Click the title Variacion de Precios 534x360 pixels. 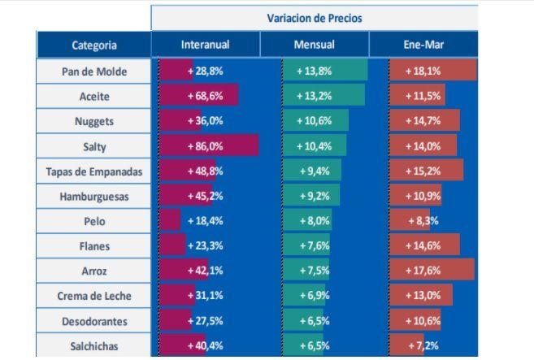(315, 17)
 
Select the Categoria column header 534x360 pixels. (93, 46)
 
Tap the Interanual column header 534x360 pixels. (205, 46)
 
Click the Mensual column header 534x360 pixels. (314, 46)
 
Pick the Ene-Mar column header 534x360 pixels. (423, 46)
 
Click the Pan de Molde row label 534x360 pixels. (94, 72)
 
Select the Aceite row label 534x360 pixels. (94, 97)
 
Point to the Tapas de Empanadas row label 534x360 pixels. (94, 171)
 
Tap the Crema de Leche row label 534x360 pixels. (94, 297)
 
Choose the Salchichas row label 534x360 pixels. (94, 346)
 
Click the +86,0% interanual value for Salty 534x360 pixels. (205, 146)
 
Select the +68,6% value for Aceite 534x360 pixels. (205, 97)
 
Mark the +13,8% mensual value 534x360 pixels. (314, 72)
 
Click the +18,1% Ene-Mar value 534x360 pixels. (423, 72)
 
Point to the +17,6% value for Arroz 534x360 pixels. (423, 271)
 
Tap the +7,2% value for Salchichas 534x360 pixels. (423, 346)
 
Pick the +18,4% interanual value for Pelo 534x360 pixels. (205, 221)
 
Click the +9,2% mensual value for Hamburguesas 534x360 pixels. (315, 197)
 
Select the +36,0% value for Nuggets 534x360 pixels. (205, 121)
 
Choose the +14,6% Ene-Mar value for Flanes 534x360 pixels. (423, 246)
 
